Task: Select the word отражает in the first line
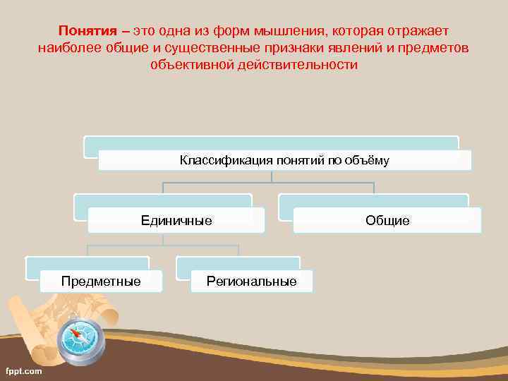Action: (417, 32)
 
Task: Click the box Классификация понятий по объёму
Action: (284, 160)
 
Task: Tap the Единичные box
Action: (176, 220)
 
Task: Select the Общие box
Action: (387, 220)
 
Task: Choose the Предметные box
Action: (101, 281)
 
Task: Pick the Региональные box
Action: (251, 281)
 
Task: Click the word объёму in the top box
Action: (367, 160)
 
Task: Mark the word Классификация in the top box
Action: (217, 160)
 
